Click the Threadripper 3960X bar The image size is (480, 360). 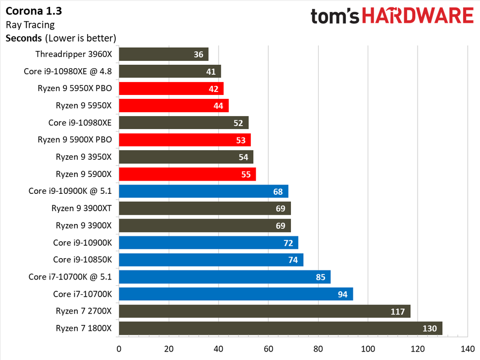(x=163, y=54)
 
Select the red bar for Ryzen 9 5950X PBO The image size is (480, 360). (x=171, y=89)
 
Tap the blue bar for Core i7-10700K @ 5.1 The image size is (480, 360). (x=224, y=277)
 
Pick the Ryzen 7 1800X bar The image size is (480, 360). (x=280, y=328)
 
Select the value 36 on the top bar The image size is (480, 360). (x=198, y=54)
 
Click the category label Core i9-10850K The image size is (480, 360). (x=83, y=260)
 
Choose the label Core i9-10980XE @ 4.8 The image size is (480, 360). (x=68, y=71)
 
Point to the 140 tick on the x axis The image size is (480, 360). (x=467, y=348)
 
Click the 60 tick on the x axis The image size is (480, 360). (x=268, y=348)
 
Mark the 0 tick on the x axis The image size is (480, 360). (x=119, y=348)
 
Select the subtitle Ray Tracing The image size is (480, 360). (x=30, y=24)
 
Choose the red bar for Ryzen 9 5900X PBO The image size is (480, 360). (x=185, y=140)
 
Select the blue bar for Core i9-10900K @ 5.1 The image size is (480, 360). (x=203, y=191)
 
